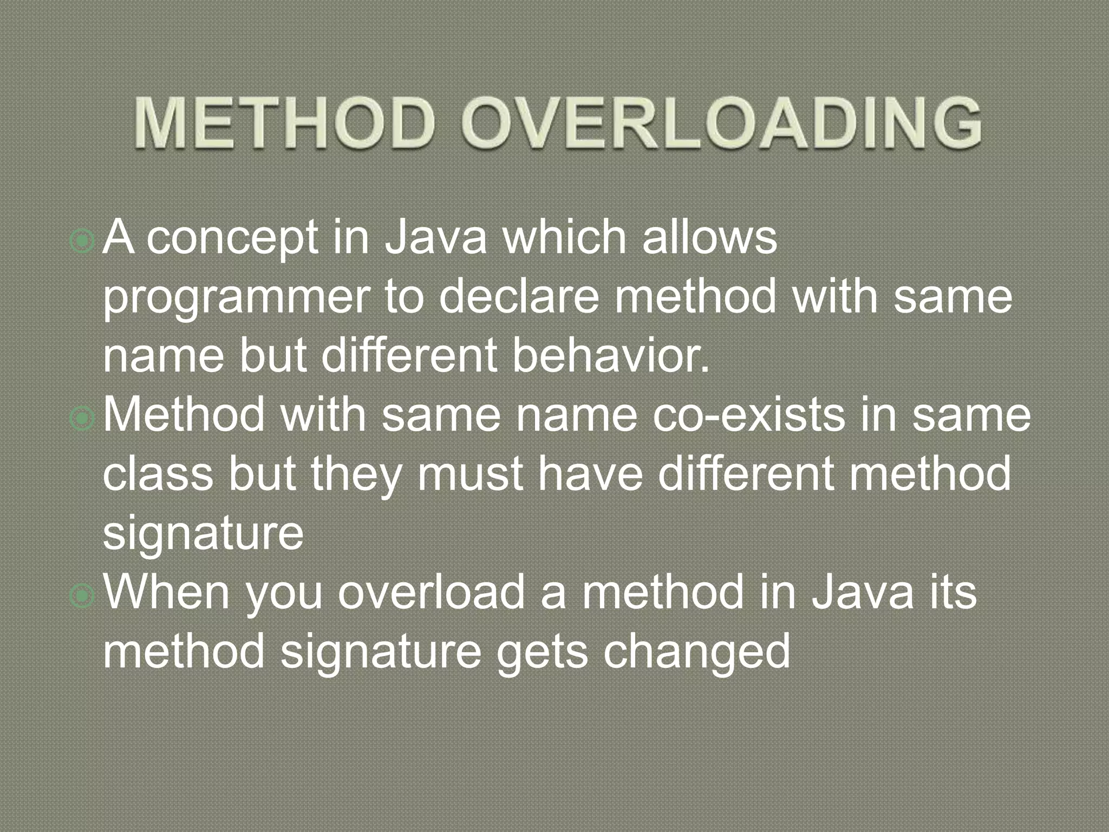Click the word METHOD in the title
(284, 122)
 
